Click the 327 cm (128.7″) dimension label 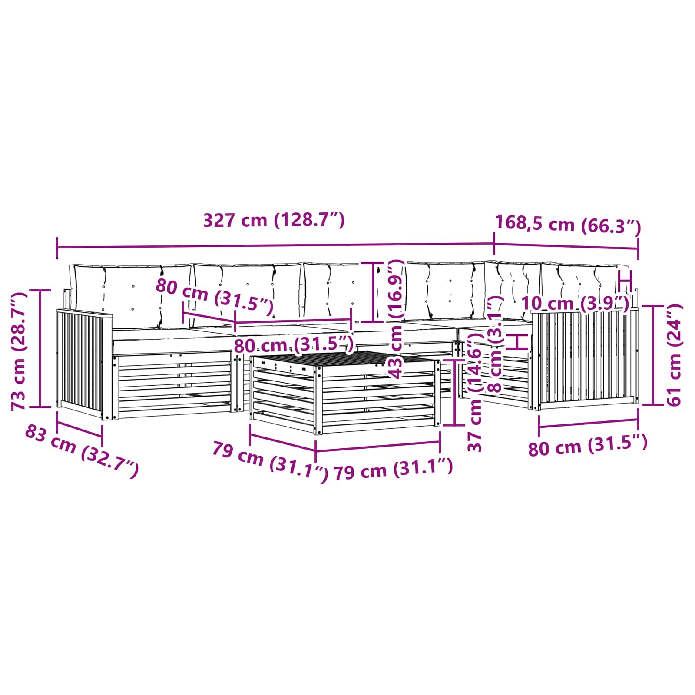(274, 221)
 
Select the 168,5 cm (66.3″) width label (568, 225)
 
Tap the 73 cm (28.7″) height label (19, 351)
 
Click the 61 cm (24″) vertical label (674, 355)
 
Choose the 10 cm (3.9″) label (575, 303)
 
